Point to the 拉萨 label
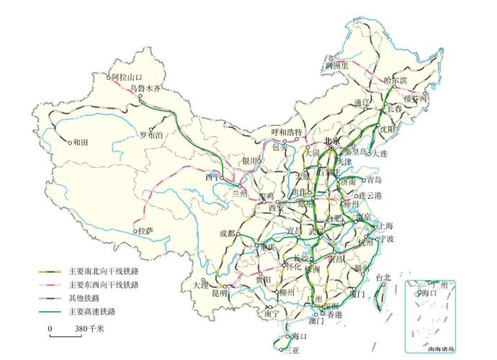pyautogui.click(x=145, y=231)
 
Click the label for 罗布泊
pyautogui.click(x=151, y=134)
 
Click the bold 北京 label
pyautogui.click(x=332, y=141)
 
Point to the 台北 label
pyautogui.click(x=383, y=277)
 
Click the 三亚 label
pyautogui.click(x=291, y=351)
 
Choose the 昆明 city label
pyautogui.click(x=219, y=293)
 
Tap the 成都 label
pyautogui.click(x=228, y=233)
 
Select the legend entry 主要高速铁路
pyautogui.click(x=92, y=312)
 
